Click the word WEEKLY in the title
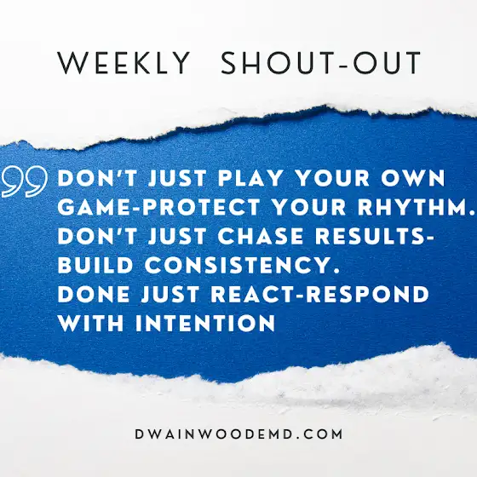click(x=124, y=63)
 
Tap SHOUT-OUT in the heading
click(x=321, y=63)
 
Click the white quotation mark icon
click(x=25, y=181)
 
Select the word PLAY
click(x=250, y=178)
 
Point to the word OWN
click(x=413, y=178)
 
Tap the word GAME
click(x=95, y=207)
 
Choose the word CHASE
click(x=261, y=236)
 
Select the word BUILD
click(x=95, y=265)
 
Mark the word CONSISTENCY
click(x=238, y=265)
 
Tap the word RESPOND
click(x=367, y=294)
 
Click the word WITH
click(x=90, y=323)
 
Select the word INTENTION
click(x=205, y=323)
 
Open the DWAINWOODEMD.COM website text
click(x=238, y=434)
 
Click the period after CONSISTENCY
click(x=336, y=271)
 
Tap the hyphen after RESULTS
click(x=429, y=238)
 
